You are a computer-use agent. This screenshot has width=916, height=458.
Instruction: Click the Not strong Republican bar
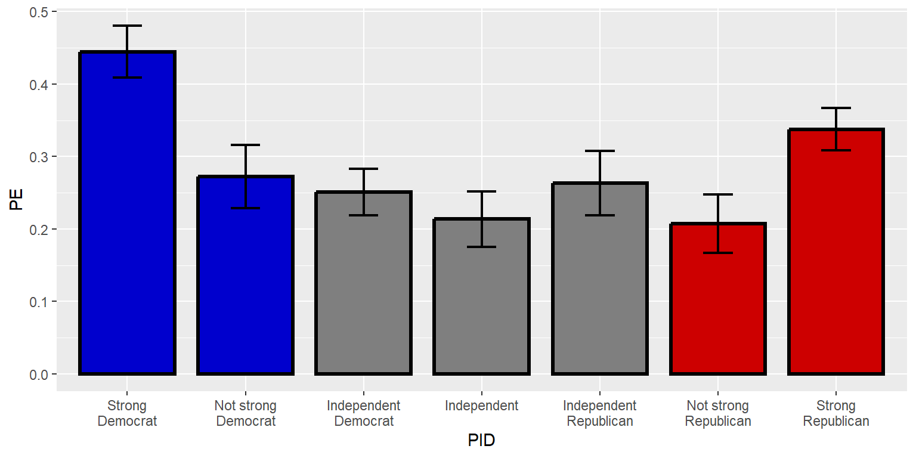click(717, 299)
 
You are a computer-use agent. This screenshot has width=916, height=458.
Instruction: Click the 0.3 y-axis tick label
click(40, 157)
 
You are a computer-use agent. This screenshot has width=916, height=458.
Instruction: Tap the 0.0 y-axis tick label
click(40, 374)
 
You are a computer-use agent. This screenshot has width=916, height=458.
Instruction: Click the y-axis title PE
click(16, 200)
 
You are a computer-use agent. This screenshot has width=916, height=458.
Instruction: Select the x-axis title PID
click(481, 441)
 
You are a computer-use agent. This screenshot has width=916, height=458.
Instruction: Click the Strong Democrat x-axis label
click(127, 413)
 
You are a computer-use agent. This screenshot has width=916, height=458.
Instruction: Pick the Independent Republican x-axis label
click(599, 413)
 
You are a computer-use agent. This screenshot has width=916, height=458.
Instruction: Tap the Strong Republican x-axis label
click(835, 413)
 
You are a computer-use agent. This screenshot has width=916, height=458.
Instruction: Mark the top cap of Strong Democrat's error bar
click(127, 26)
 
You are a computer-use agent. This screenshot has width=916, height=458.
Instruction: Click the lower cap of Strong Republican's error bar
click(835, 150)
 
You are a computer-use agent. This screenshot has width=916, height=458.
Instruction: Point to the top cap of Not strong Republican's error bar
click(717, 194)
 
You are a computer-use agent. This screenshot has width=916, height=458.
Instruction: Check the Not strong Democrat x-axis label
click(245, 413)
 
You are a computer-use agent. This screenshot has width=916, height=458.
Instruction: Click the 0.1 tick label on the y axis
click(40, 302)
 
